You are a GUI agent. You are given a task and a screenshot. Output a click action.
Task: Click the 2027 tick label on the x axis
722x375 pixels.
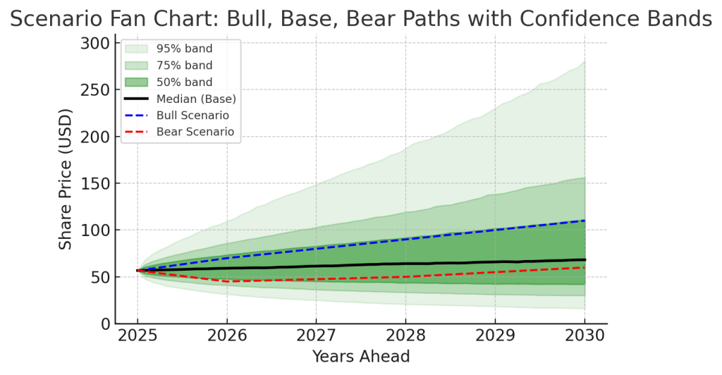coord(316,336)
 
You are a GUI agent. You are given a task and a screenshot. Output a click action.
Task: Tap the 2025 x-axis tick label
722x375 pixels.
coord(137,336)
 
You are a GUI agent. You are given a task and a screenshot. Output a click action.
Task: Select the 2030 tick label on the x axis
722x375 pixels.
coord(585,336)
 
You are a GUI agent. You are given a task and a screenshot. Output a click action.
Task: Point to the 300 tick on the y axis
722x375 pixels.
coord(95,44)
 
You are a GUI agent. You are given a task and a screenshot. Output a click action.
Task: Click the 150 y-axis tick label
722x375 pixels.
coord(95,183)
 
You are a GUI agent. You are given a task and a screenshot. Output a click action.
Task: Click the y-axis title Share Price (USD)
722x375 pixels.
coord(66,178)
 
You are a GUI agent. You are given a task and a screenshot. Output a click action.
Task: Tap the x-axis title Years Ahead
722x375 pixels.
coord(361,357)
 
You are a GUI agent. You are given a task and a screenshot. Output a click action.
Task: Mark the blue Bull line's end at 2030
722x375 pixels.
coord(585,221)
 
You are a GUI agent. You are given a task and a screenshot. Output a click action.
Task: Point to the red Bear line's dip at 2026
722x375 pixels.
coord(226,281)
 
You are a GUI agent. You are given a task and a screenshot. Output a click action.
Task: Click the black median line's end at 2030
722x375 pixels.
coord(585,259)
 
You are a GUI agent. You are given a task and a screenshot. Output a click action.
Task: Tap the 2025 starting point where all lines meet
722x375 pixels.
coord(137,270)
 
